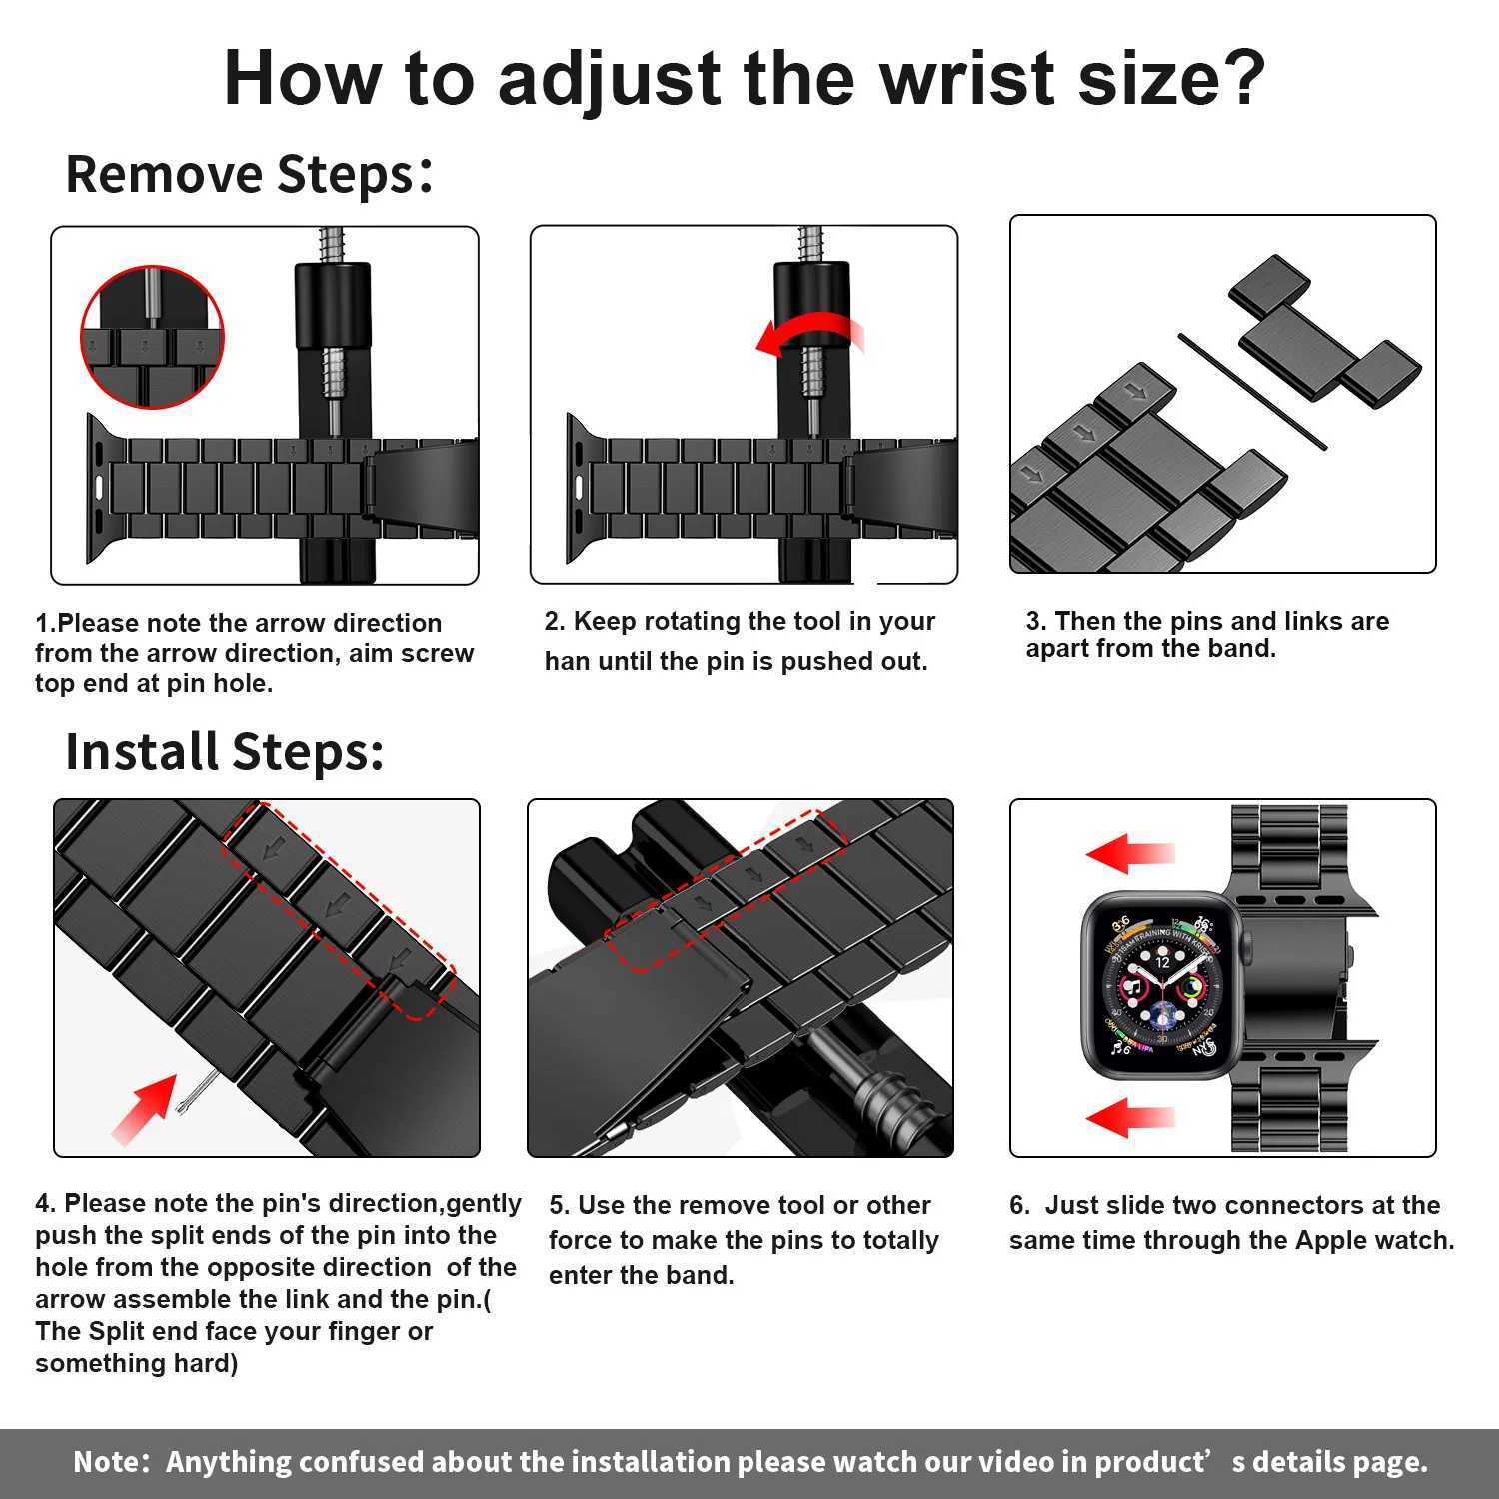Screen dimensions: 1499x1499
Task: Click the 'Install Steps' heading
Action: tap(224, 751)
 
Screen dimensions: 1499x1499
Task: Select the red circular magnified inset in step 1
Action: tap(152, 337)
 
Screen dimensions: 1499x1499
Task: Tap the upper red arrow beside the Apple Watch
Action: tap(1130, 854)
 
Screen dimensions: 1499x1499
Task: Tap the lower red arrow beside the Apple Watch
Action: tap(1130, 1116)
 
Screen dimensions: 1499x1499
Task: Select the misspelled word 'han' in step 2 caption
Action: tap(566, 662)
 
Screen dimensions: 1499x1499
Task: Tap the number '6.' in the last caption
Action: tap(1019, 1205)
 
